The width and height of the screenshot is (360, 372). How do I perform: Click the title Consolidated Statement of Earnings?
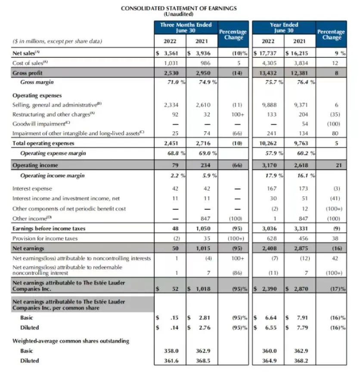(x=179, y=8)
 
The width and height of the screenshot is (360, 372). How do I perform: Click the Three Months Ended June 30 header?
(x=186, y=28)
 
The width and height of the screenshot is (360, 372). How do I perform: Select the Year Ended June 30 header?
(x=284, y=28)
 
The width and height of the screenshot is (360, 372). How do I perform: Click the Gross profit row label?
(x=28, y=73)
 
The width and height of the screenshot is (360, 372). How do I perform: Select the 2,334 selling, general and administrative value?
(x=172, y=105)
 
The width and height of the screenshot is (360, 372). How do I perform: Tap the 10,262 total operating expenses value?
(x=270, y=143)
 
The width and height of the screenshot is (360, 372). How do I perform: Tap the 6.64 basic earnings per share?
(x=271, y=318)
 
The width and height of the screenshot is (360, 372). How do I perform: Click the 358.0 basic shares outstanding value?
(x=172, y=351)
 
